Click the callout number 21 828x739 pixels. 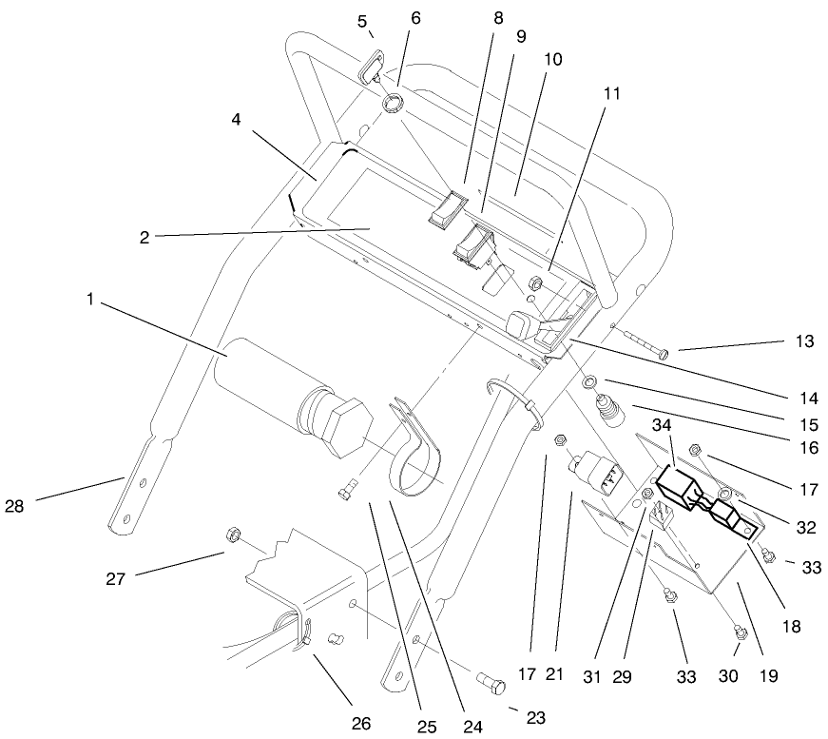tap(555, 675)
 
